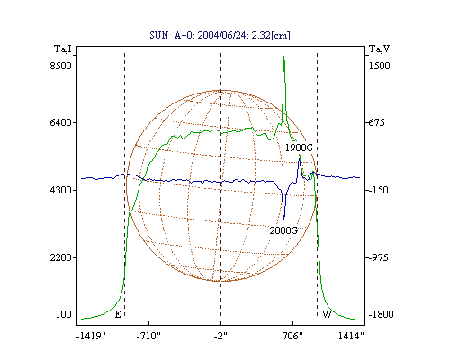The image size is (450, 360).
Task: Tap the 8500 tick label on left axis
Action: (60, 66)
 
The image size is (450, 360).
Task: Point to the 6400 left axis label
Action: (60, 122)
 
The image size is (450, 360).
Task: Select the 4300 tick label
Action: (60, 190)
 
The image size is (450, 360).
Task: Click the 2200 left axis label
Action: (60, 257)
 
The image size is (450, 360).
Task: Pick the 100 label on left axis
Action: (64, 314)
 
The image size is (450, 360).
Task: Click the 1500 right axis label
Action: (379, 66)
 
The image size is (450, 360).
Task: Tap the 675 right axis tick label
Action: (376, 122)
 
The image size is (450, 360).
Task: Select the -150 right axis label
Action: (378, 190)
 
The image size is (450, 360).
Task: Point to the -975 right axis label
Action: (378, 257)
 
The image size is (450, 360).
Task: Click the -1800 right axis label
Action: (381, 314)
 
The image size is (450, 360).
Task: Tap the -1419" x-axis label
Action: (91, 336)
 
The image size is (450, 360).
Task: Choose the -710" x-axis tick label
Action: (148, 336)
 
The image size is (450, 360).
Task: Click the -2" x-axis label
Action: (220, 336)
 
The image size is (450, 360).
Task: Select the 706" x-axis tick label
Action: (292, 336)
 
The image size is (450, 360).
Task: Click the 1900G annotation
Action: (299, 148)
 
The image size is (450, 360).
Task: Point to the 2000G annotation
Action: (283, 230)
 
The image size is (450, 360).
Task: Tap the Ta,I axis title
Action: (63, 49)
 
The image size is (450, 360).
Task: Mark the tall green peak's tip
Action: (283, 56)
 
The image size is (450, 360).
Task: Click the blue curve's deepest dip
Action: (283, 220)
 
